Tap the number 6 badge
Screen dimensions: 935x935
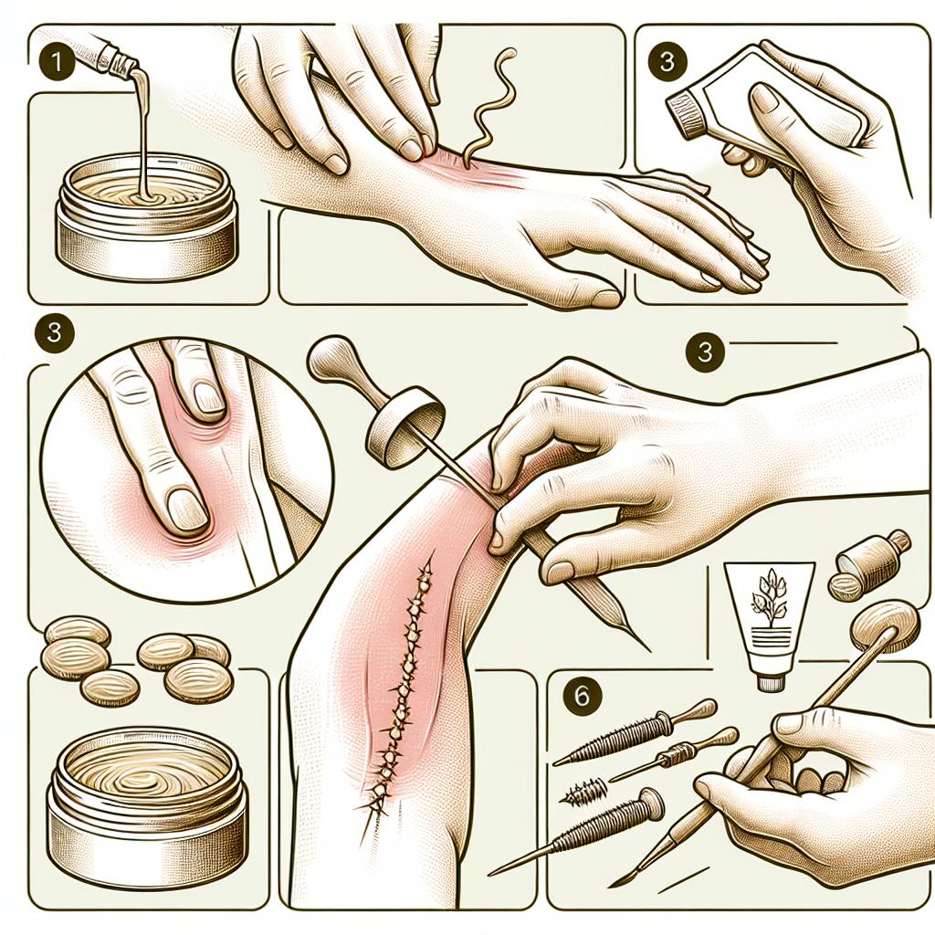(582, 695)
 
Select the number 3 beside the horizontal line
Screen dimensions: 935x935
(704, 351)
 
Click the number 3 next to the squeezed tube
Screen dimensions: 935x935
(667, 61)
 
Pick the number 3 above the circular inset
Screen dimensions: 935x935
(54, 331)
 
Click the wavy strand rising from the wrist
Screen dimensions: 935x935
(489, 101)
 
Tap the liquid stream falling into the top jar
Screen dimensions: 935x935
(142, 131)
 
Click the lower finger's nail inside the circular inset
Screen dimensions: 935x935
(187, 509)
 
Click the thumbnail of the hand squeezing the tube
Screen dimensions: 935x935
(769, 100)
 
